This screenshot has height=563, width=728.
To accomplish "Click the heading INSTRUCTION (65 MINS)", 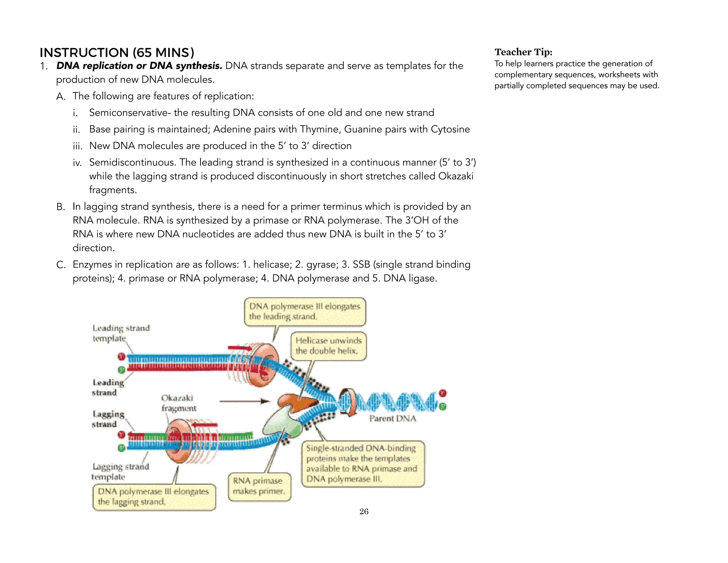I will tap(117, 53).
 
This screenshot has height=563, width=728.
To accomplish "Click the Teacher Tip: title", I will tap(523, 52).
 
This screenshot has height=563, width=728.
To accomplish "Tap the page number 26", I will tap(364, 511).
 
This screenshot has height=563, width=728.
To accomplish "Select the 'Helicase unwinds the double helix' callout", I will tap(328, 346).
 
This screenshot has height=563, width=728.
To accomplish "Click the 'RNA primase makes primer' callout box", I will tap(259, 486).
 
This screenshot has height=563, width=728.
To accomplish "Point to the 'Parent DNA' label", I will tap(392, 419).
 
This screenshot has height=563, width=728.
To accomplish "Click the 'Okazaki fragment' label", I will tap(178, 403).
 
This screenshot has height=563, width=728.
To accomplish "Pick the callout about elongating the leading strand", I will tap(305, 311).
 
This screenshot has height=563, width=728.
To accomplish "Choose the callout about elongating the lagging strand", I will tap(154, 497).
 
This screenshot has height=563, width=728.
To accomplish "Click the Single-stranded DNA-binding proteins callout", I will tap(363, 464).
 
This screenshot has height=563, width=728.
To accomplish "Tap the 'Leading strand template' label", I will tap(121, 333).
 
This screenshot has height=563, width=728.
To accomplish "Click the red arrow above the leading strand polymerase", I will tap(239, 348).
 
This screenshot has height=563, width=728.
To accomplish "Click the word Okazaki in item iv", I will tap(455, 176).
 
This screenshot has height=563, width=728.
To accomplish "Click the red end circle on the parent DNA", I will tap(443, 393).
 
